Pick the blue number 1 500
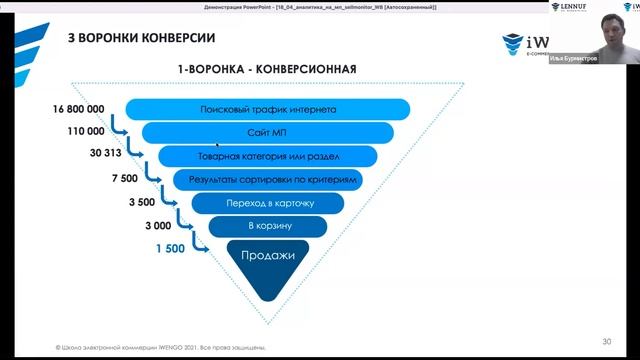coord(170,248)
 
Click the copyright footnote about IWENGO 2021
coord(160,347)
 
